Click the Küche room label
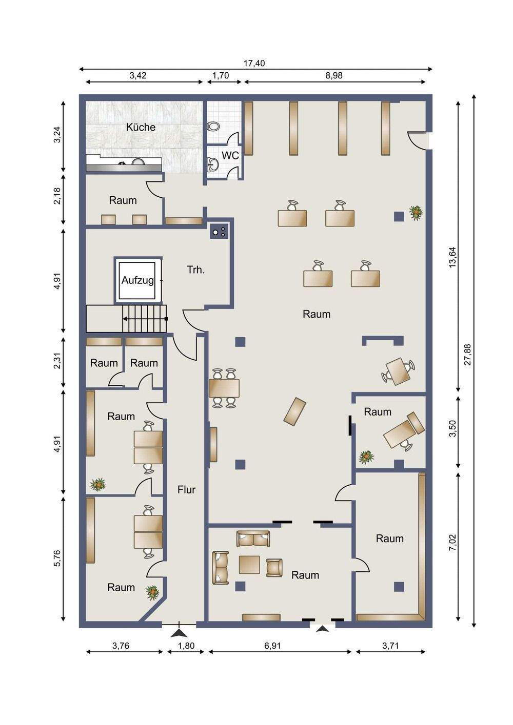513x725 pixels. pyautogui.click(x=141, y=127)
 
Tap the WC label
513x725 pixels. pyautogui.click(x=230, y=155)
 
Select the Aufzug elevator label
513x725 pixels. pyautogui.click(x=137, y=280)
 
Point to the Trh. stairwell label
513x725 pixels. pyautogui.click(x=196, y=270)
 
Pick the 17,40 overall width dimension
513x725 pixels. pyautogui.click(x=254, y=63)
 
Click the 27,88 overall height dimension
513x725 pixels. pyautogui.click(x=468, y=355)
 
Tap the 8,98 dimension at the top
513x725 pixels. pyautogui.click(x=334, y=75)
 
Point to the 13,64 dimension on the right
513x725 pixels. pyautogui.click(x=452, y=257)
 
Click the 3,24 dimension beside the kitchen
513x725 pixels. pyautogui.click(x=57, y=135)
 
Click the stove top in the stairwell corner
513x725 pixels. pyautogui.click(x=219, y=231)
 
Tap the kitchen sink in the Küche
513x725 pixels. pyautogui.click(x=138, y=162)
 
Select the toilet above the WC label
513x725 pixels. pyautogui.click(x=213, y=126)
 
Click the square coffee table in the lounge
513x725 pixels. pyautogui.click(x=249, y=565)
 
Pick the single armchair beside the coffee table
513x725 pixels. pyautogui.click(x=274, y=568)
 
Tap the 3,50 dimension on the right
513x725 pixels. pyautogui.click(x=452, y=428)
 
